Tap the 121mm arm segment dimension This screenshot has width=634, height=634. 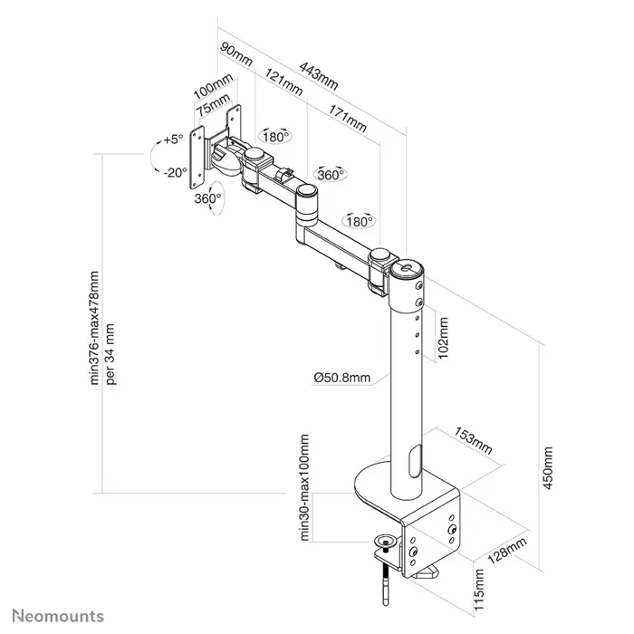point(285,85)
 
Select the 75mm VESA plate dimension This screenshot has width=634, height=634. point(214,110)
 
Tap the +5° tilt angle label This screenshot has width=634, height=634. point(173,139)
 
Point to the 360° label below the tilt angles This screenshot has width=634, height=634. point(207,198)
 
